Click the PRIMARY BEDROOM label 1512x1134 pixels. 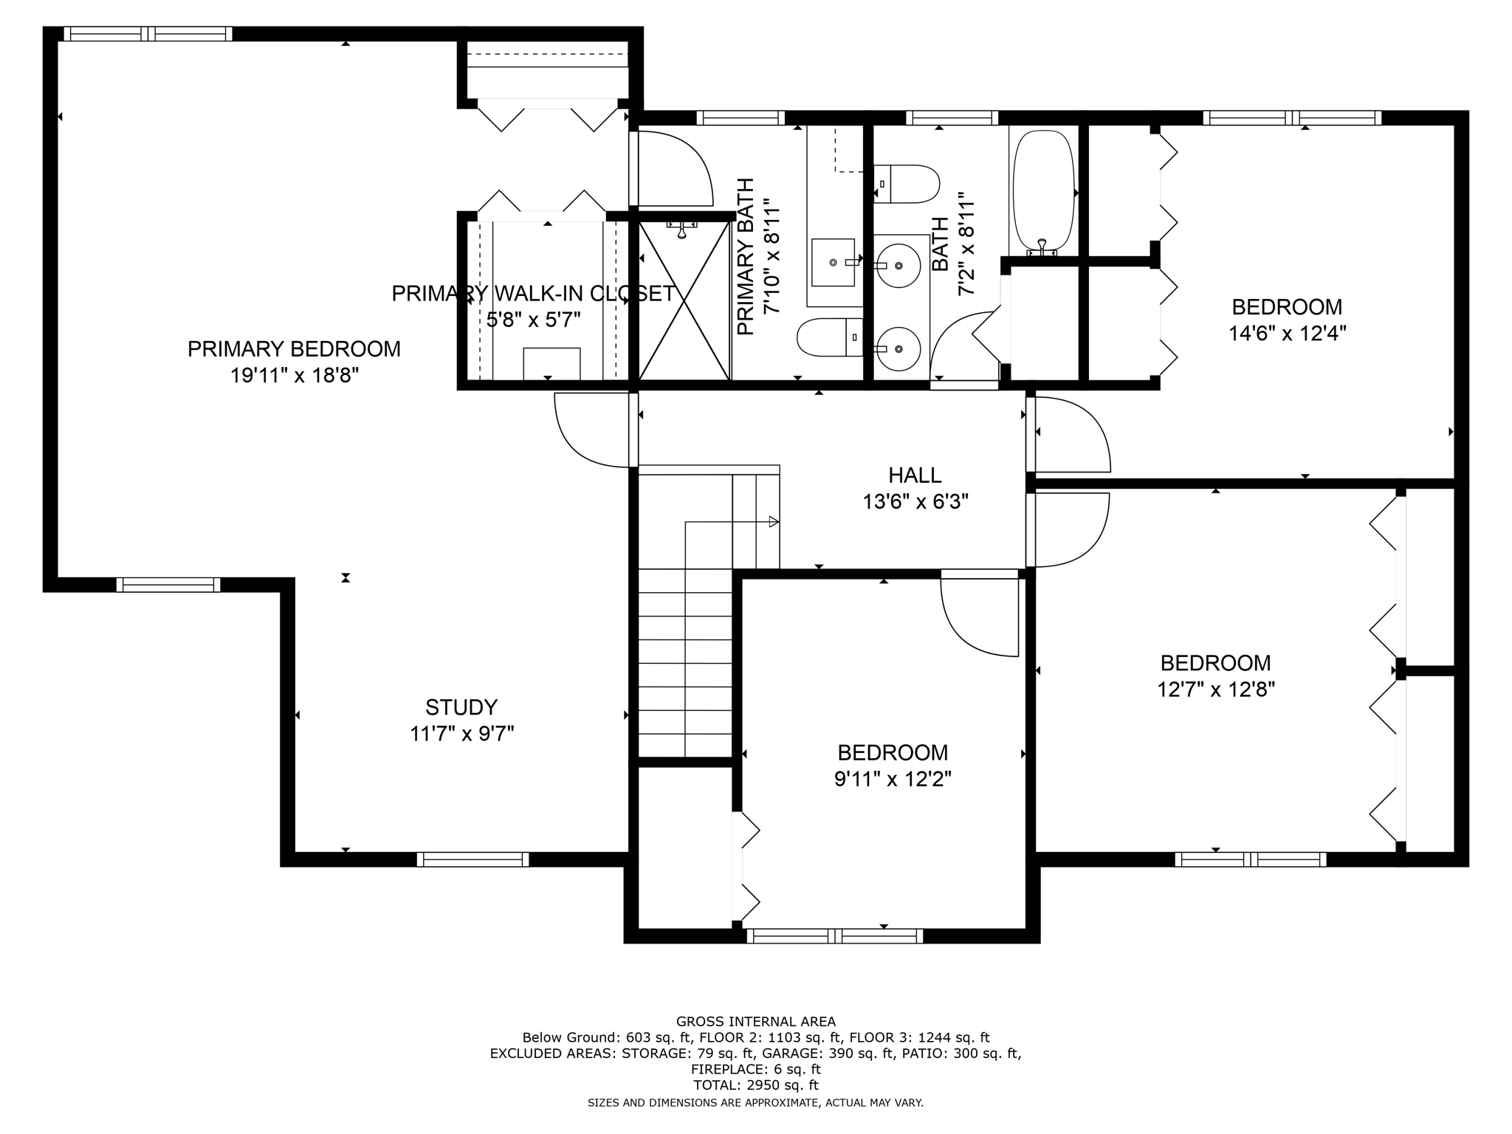coord(294,349)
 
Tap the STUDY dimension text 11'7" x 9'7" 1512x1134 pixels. coord(461,734)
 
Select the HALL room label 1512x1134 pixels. coord(915,475)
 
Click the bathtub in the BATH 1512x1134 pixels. coord(1042,192)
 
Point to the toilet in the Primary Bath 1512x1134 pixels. coord(829,337)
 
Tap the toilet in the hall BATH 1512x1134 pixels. coord(907,184)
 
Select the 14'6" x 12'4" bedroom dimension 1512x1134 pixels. coord(1287,334)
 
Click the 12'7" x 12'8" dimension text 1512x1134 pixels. coord(1215,690)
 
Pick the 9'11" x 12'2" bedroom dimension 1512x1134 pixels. coord(893,779)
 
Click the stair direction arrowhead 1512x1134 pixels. coord(774,522)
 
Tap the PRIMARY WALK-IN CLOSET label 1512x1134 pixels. coord(533,294)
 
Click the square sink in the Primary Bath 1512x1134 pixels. coord(834,262)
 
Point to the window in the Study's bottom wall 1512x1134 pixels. coord(472,859)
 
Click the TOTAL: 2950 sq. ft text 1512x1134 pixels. coord(755,1085)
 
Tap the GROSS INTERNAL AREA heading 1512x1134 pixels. coord(755,1022)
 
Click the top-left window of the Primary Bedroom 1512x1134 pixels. coord(148,34)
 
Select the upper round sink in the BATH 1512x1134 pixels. coord(898,264)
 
